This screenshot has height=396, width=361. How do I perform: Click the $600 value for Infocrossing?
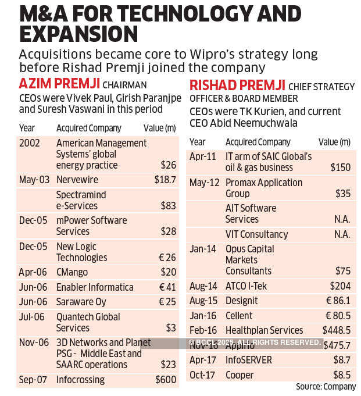(x=165, y=380)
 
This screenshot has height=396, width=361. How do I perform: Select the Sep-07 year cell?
(x=33, y=380)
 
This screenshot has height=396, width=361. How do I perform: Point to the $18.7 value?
(x=165, y=180)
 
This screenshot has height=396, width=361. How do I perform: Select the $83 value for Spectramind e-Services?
(x=167, y=206)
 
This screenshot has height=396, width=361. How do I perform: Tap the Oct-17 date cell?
(x=202, y=374)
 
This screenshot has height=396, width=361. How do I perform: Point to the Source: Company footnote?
(x=326, y=387)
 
